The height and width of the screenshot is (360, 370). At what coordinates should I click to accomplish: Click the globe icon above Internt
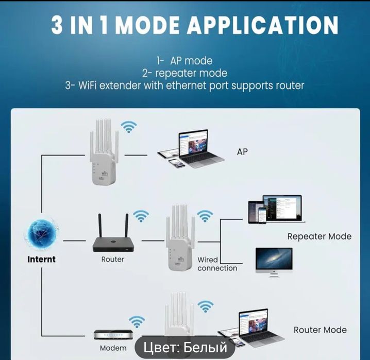pyautogui.click(x=41, y=235)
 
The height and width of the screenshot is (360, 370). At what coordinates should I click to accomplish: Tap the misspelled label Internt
pyautogui.click(x=41, y=259)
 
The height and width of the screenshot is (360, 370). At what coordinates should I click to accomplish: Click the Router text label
pyautogui.click(x=112, y=259)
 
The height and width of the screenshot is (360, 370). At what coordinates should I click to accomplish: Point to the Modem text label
pyautogui.click(x=113, y=348)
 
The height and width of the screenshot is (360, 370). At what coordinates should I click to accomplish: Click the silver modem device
pyautogui.click(x=113, y=334)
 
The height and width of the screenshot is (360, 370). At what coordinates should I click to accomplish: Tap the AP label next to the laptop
pyautogui.click(x=242, y=152)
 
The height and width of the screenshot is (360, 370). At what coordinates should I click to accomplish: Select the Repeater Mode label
pyautogui.click(x=319, y=236)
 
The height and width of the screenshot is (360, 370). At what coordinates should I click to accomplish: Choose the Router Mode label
pyautogui.click(x=320, y=330)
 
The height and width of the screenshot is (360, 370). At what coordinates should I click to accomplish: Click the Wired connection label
pyautogui.click(x=217, y=264)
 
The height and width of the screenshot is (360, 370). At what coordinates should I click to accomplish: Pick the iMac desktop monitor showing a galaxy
pyautogui.click(x=273, y=261)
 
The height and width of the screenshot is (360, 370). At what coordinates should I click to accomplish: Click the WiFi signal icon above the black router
pyautogui.click(x=141, y=216)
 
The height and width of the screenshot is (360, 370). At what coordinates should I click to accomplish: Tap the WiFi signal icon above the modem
pyautogui.click(x=137, y=322)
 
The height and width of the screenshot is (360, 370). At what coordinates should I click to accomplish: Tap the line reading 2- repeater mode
pyautogui.click(x=184, y=73)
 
